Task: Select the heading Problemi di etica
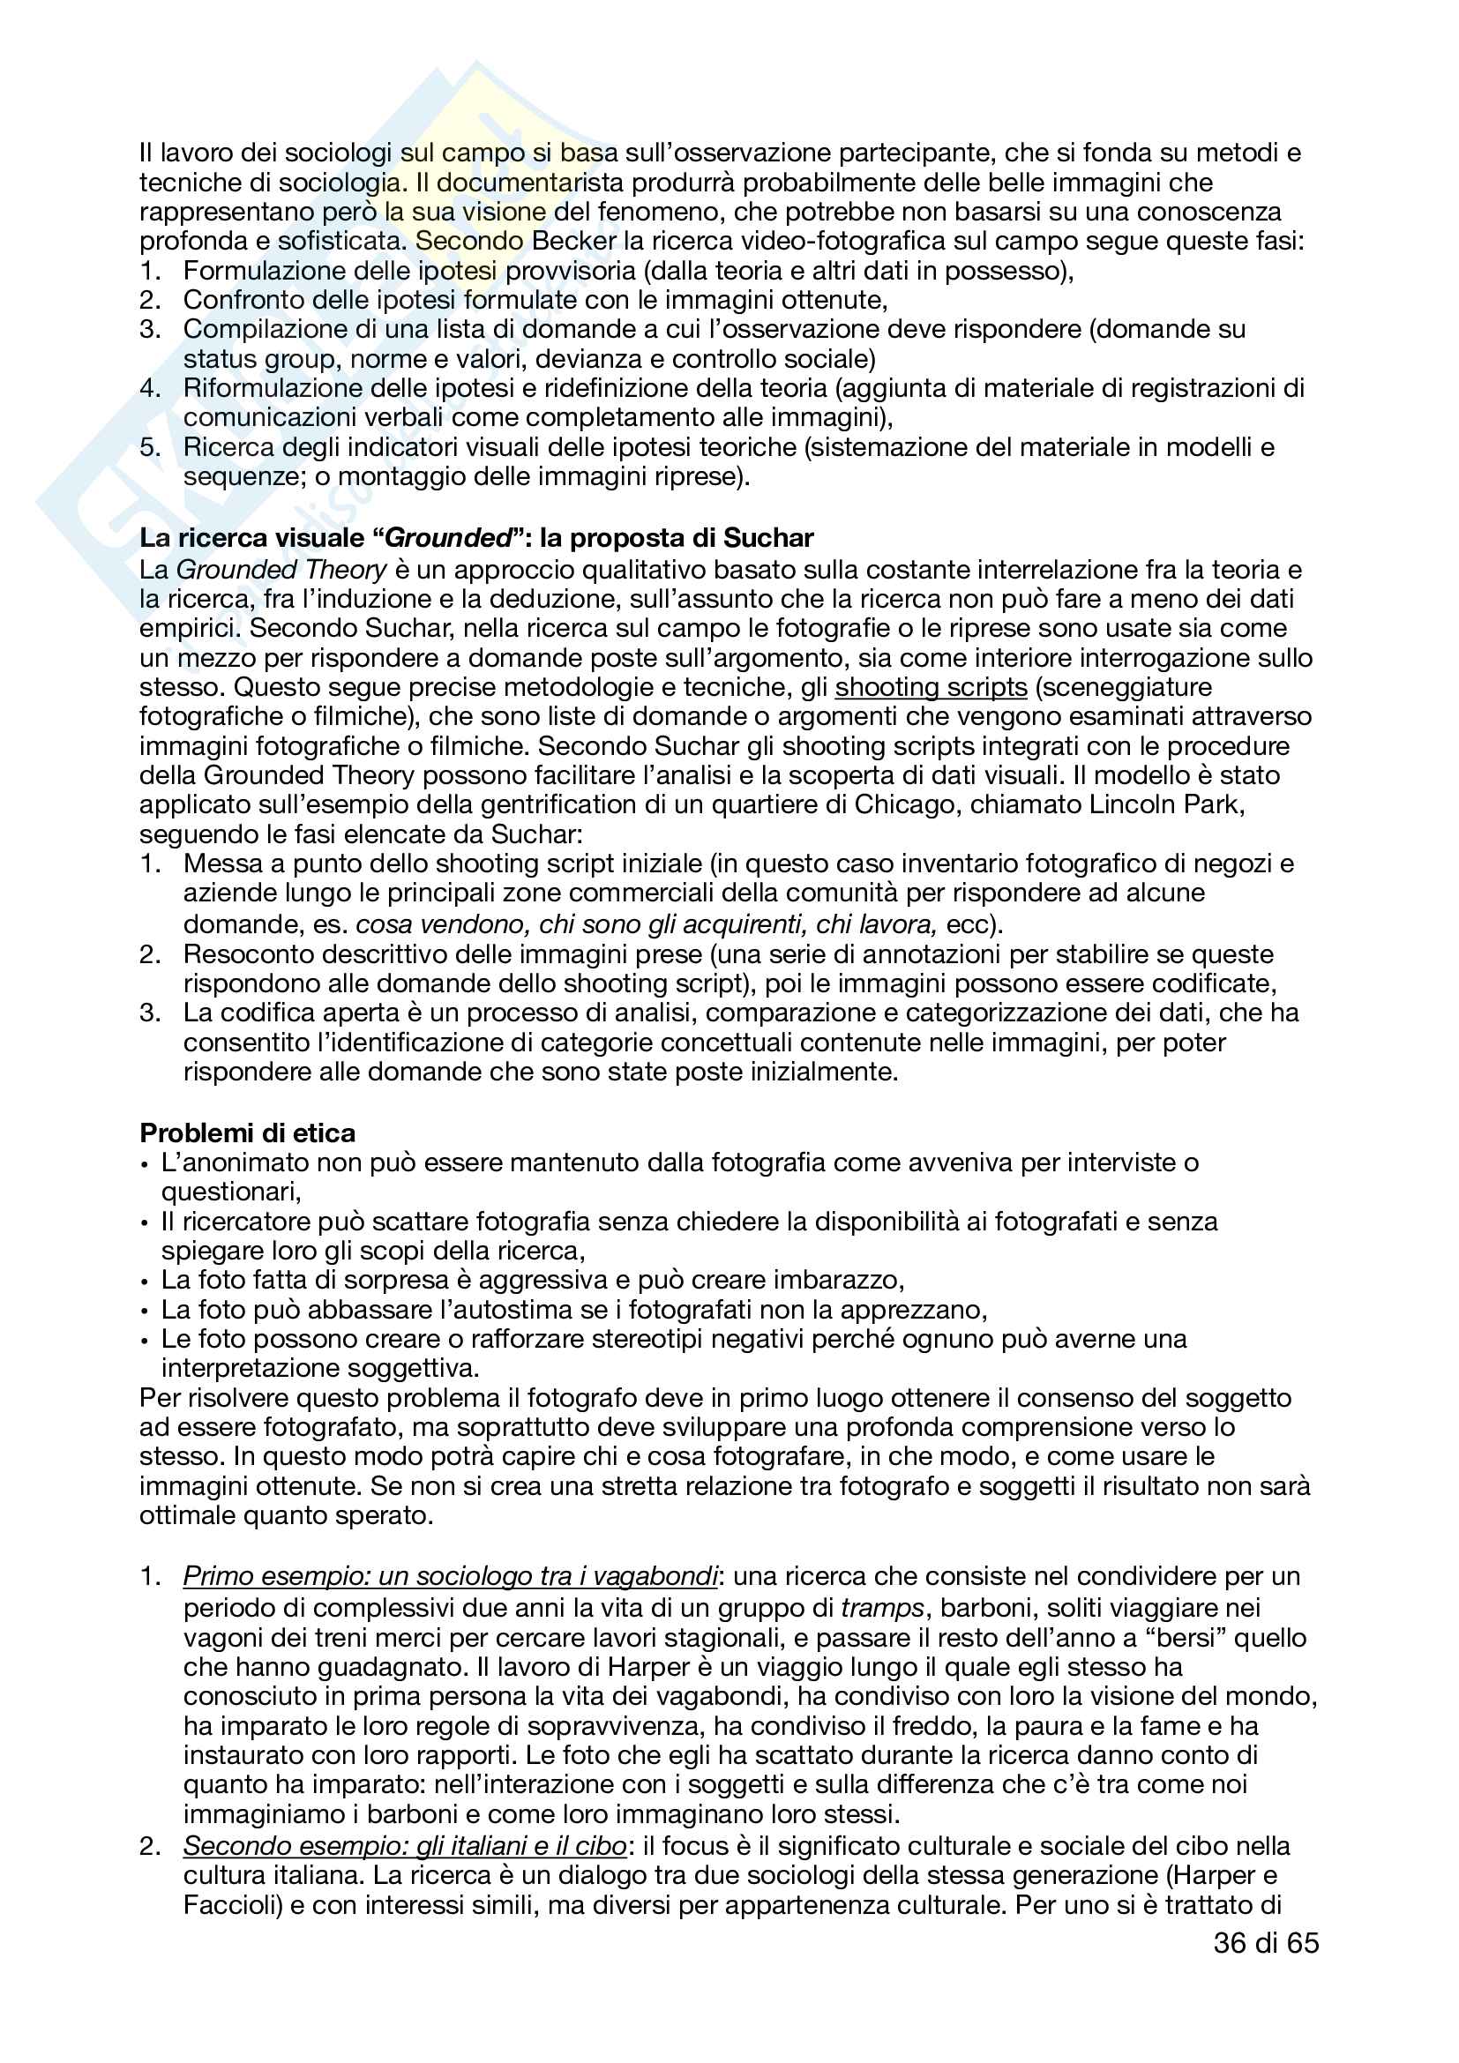click(x=247, y=1132)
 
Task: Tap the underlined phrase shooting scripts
click(x=931, y=687)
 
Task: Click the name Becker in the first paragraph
click(x=574, y=241)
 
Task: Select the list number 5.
click(x=149, y=447)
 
